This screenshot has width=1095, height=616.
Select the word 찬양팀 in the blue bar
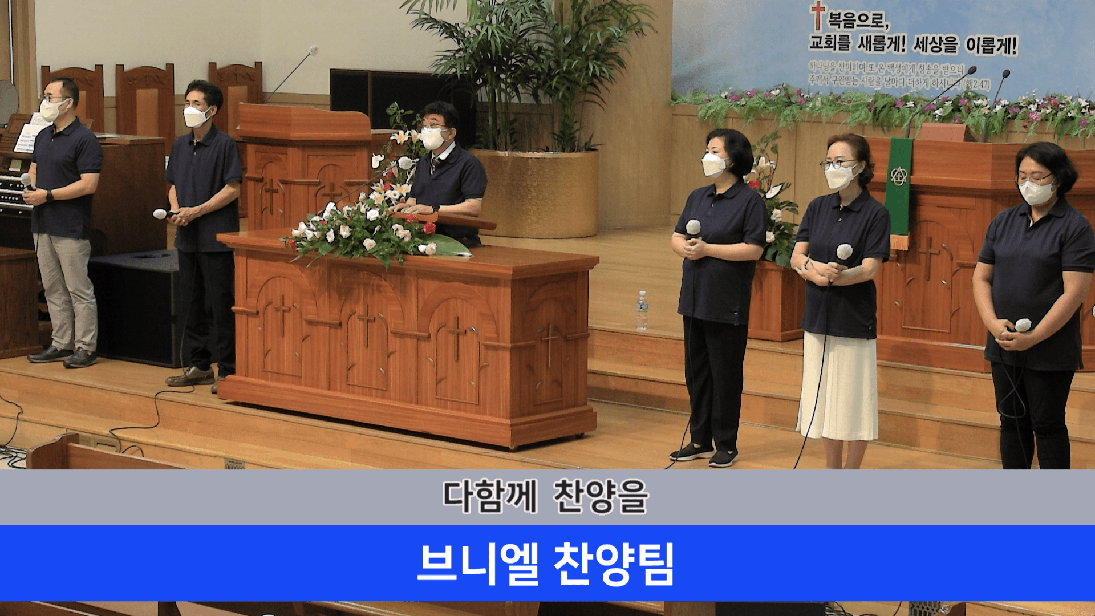coord(614,564)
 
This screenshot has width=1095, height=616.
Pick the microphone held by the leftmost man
coord(27,183)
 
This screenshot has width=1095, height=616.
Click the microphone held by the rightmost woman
coord(1023,326)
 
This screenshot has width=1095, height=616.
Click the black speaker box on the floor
coord(137,308)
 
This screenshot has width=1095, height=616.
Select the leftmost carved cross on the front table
coord(282,313)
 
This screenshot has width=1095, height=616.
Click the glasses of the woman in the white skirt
coord(838,165)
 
